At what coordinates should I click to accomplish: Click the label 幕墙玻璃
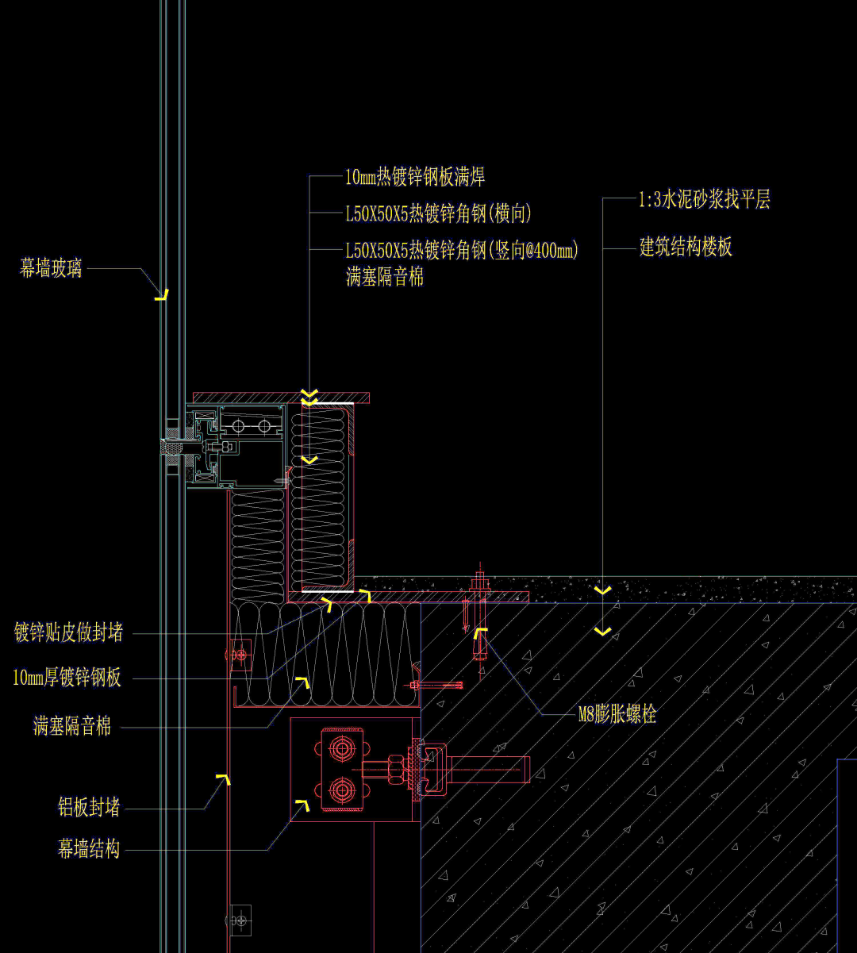51,268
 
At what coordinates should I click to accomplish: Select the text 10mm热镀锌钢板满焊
414,177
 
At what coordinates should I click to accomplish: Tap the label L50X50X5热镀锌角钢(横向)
438,213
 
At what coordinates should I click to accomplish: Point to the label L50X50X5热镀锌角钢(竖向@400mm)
462,251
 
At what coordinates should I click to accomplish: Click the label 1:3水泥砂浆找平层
704,199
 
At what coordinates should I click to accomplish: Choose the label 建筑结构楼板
686,248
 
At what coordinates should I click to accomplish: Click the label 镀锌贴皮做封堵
69,633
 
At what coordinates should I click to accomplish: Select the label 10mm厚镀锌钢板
67,678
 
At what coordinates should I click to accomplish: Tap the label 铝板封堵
89,808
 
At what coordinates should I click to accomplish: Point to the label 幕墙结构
89,849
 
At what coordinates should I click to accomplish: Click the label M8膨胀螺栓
617,714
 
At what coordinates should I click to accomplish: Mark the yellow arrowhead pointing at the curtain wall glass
162,296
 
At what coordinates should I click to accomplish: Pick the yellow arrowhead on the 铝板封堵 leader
225,779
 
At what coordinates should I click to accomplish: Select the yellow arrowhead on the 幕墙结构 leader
302,806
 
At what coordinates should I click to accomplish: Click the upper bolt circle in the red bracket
342,747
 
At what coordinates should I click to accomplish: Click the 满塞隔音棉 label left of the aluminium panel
72,725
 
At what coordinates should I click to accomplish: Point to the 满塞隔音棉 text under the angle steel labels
385,277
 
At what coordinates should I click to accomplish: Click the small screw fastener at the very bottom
239,920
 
